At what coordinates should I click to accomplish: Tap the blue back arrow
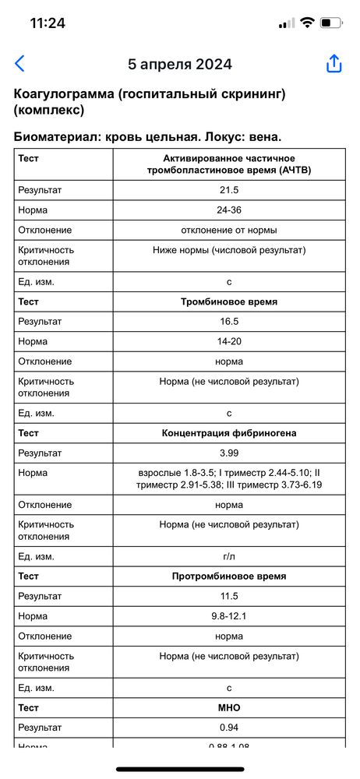[x=20, y=64]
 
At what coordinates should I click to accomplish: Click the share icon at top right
[x=334, y=64]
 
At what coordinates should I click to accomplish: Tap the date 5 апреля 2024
[x=180, y=65]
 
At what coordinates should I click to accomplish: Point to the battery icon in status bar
[x=331, y=23]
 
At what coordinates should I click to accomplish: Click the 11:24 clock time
[x=48, y=23]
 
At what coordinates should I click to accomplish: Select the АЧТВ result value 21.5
[x=229, y=189]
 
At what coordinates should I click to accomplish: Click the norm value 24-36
[x=229, y=210]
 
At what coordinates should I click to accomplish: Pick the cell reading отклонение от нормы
[x=229, y=230]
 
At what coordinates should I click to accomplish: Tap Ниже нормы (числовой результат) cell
[x=229, y=250]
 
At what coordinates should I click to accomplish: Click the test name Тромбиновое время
[x=229, y=301]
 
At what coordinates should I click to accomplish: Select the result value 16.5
[x=229, y=321]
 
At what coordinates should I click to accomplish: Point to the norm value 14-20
[x=229, y=341]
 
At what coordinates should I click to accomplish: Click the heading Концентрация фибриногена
[x=229, y=433]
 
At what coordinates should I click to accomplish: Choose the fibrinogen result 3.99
[x=229, y=453]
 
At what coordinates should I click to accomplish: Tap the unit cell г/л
[x=229, y=556]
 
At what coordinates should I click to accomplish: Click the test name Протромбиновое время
[x=229, y=576]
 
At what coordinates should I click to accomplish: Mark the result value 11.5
[x=229, y=596]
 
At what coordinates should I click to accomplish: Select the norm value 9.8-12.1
[x=229, y=616]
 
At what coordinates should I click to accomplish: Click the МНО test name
[x=229, y=708]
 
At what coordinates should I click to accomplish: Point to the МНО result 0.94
[x=229, y=728]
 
